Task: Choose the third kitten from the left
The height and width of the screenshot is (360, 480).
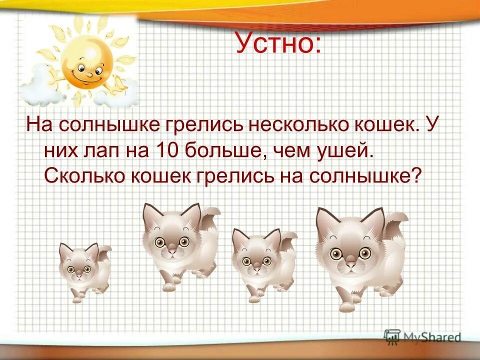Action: [260, 262]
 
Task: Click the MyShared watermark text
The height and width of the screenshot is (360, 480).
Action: [430, 337]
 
